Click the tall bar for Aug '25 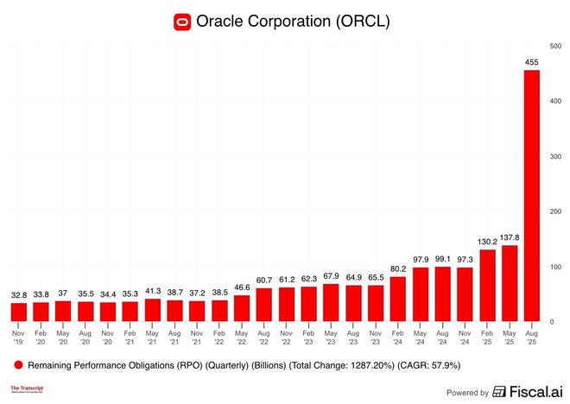coord(532,195)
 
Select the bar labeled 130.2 coord(487,286)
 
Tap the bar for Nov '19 coord(18,312)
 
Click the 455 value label coord(532,61)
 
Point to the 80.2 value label coord(398,268)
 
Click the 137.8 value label coord(510,237)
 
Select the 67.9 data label coord(331,275)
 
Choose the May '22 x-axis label coord(241,336)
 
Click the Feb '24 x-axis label coord(398,336)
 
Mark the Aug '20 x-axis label coord(85,336)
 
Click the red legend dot coord(18,364)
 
